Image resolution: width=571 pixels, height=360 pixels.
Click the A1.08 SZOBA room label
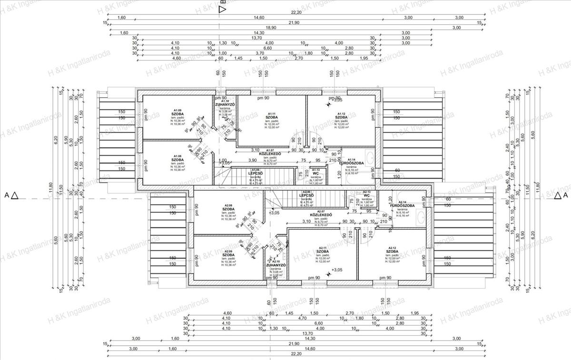click(x=177, y=159)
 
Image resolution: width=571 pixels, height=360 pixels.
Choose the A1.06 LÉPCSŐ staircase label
click(x=256, y=173)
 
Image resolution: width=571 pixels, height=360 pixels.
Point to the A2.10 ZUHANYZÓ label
click(x=276, y=265)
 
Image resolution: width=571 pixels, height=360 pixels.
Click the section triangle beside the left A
click(x=15, y=195)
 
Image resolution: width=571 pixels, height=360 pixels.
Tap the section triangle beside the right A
click(x=556, y=195)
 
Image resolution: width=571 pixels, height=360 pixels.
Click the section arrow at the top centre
click(x=222, y=10)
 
